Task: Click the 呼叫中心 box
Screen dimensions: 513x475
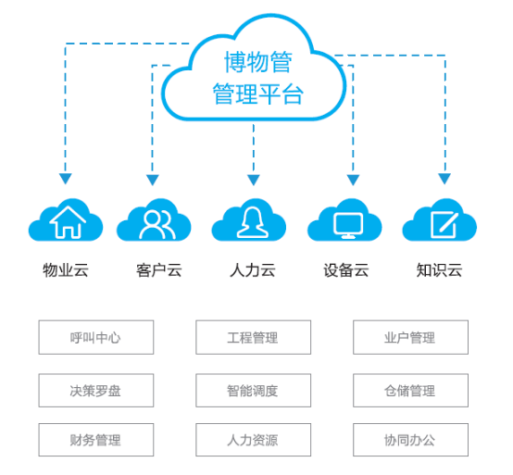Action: tap(96, 337)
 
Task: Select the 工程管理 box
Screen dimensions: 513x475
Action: tap(253, 337)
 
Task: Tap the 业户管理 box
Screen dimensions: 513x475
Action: tap(410, 337)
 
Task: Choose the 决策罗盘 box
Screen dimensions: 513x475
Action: tap(96, 390)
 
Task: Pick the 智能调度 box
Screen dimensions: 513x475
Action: tap(253, 390)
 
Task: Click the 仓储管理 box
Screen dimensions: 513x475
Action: tap(410, 390)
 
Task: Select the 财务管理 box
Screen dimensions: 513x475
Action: tap(96, 440)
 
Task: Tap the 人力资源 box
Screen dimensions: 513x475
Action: tap(253, 440)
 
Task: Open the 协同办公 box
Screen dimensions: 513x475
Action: tap(410, 440)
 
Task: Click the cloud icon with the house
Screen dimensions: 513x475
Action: tap(66, 219)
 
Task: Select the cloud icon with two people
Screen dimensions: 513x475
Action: tap(154, 219)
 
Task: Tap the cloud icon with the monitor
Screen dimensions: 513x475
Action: tap(344, 219)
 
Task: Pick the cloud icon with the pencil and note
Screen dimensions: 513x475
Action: tap(440, 219)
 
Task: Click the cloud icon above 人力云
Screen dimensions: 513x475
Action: tap(249, 219)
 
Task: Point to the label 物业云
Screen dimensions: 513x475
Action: tap(66, 270)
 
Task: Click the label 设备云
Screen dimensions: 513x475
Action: tap(346, 270)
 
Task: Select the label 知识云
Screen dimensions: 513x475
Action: tap(440, 270)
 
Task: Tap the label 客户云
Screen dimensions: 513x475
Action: tap(159, 270)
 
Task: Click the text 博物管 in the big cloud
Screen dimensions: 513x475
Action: tap(258, 61)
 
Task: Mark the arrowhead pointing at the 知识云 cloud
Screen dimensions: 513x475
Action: tap(444, 179)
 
